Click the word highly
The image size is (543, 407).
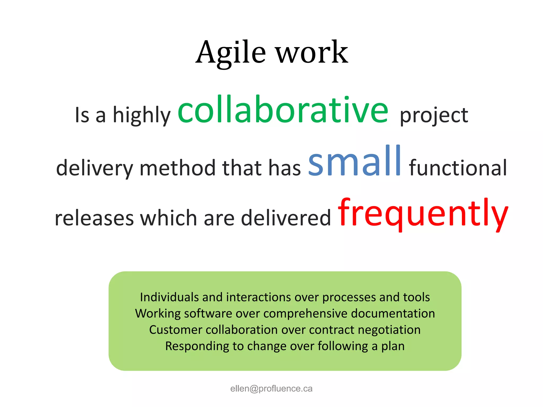coord(142,116)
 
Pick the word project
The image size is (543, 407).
coord(434,116)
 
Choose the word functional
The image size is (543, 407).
coord(458,168)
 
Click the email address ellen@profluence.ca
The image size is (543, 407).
coord(271,388)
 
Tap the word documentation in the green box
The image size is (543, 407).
coord(393,313)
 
